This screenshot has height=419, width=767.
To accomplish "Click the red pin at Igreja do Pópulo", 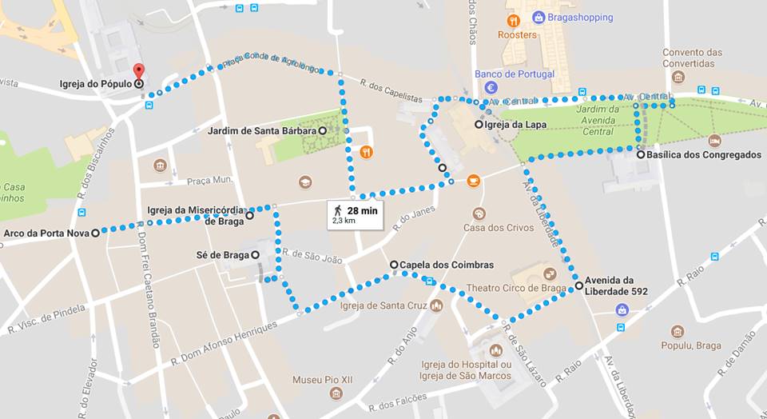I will [x=138, y=72].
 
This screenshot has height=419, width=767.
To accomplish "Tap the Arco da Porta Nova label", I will [x=45, y=233].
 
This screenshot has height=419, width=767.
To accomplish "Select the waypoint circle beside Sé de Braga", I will [x=256, y=255].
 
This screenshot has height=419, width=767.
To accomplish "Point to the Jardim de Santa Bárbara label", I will [x=261, y=130].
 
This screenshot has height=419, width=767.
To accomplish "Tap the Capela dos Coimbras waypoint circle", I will [x=394, y=265].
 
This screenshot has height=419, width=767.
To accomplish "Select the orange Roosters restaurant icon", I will [x=513, y=20].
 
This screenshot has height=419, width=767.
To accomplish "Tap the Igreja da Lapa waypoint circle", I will [x=479, y=125].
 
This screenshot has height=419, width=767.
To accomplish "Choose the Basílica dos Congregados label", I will [x=703, y=155].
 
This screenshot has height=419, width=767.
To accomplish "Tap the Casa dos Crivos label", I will [x=498, y=228].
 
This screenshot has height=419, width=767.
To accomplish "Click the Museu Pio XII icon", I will [x=336, y=394].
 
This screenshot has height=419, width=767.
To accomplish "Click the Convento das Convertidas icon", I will [x=678, y=77].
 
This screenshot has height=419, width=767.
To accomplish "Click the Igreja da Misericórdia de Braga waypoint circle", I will [x=249, y=215].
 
